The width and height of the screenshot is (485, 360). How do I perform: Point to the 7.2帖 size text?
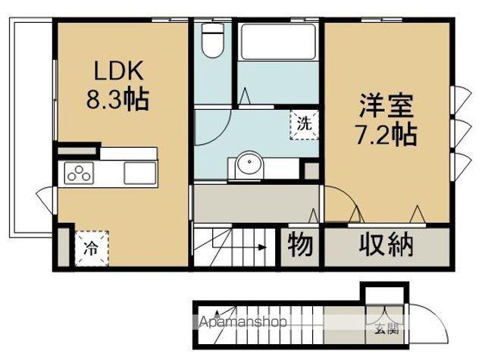[x=386, y=135]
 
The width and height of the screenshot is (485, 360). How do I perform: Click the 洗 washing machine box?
[x=302, y=123]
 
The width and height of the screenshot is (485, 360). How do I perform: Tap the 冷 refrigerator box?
[x=90, y=246]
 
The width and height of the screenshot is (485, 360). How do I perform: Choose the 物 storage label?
[x=301, y=245]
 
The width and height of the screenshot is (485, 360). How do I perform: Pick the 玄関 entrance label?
[x=385, y=329]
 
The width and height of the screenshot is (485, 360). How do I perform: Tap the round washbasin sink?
[x=247, y=165]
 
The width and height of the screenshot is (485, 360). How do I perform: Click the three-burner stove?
[x=79, y=174]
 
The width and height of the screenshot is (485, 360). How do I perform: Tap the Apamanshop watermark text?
[x=243, y=321]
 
